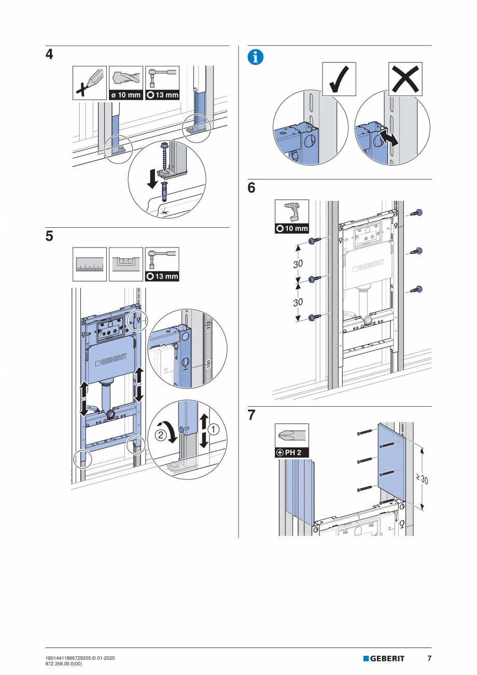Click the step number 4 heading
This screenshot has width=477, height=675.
[49, 55]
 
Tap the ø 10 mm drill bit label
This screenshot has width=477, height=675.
[126, 95]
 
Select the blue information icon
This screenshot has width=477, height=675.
[255, 58]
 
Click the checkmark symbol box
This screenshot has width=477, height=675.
[339, 79]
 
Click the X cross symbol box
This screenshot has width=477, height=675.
[405, 79]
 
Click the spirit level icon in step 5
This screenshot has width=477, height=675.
[126, 264]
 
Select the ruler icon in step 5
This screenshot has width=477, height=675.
[90, 265]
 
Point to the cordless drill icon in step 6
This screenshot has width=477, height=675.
[292, 212]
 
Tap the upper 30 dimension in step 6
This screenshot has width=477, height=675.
[298, 264]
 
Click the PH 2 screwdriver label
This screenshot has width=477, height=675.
[292, 452]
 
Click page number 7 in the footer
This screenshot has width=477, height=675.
[429, 658]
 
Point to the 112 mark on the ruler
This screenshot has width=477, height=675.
[209, 325]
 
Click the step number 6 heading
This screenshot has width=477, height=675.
[251, 188]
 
